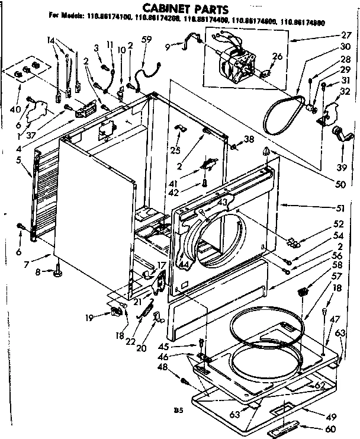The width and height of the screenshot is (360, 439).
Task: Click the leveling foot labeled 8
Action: coord(58,273)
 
